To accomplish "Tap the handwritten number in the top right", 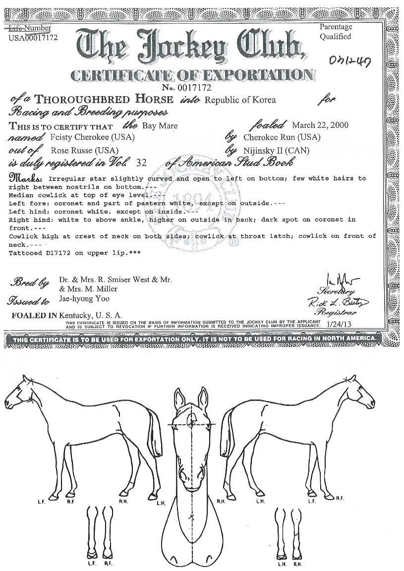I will point(352,60).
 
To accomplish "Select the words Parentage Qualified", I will point(336,32).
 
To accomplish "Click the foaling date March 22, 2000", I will point(320,125).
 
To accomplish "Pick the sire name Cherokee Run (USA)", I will point(282,137).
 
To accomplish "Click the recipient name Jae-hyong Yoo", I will point(84,299).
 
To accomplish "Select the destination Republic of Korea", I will point(240,100).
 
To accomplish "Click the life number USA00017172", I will point(33,38).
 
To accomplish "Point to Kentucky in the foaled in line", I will point(75,315).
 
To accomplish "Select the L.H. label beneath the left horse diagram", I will point(160,504).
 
